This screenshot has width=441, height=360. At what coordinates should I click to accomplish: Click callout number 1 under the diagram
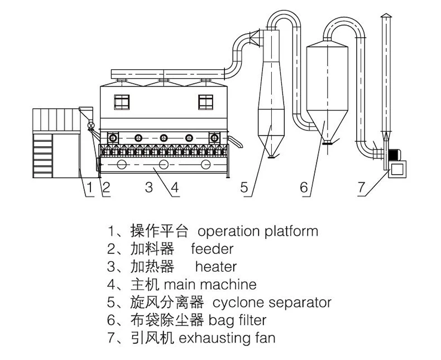(89, 188)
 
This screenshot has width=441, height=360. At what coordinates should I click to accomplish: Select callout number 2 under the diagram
(106, 188)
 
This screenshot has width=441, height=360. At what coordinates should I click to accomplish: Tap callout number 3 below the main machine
(148, 188)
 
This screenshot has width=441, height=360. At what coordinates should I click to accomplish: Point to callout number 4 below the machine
(174, 188)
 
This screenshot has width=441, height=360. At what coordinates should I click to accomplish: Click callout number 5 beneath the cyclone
(244, 188)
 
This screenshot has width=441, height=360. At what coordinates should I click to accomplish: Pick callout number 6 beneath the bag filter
(304, 188)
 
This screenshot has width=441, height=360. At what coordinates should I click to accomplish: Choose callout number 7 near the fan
(362, 188)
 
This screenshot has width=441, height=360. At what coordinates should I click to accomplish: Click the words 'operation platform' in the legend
(258, 231)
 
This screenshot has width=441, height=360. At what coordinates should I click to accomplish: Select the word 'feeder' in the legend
(212, 248)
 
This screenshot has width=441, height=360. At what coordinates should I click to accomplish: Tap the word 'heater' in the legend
(215, 266)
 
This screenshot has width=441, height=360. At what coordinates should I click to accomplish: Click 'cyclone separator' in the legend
(272, 302)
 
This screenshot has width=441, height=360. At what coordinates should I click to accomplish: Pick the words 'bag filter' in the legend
(237, 320)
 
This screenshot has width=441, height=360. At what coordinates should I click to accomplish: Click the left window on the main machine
(122, 101)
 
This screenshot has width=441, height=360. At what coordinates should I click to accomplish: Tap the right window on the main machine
(206, 101)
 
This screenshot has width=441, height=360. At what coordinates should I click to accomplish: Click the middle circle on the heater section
(164, 164)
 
